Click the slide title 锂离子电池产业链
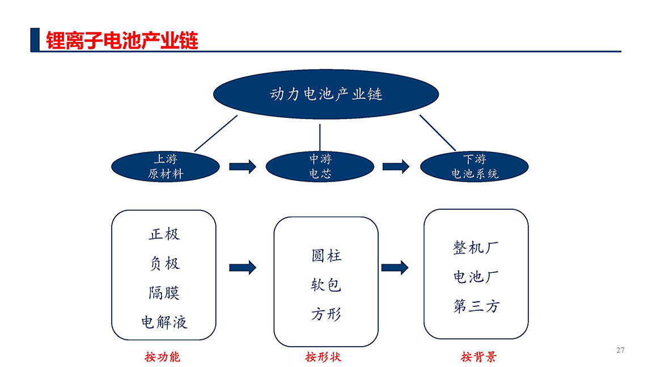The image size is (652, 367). [x=122, y=40]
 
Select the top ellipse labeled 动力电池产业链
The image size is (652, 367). [x=325, y=94]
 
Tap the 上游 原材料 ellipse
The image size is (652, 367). [x=165, y=166]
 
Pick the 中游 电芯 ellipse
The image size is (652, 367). [x=320, y=166]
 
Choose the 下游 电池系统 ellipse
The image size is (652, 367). [x=474, y=166]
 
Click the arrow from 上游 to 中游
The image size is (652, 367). [x=243, y=166]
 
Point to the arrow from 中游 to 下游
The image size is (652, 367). [x=396, y=166]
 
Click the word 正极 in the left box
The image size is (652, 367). [x=164, y=234]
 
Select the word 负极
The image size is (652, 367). [x=164, y=263]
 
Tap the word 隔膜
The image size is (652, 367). [x=164, y=293]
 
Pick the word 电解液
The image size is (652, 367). [x=164, y=322]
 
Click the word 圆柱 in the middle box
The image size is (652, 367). [x=326, y=255]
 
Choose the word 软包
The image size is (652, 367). [x=326, y=285]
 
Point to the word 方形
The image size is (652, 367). [x=326, y=314]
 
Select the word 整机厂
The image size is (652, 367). [x=476, y=247]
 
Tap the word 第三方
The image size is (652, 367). [x=476, y=306]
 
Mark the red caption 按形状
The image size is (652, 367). [x=323, y=357]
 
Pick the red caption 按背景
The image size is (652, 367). [x=479, y=357]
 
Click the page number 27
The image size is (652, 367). [x=620, y=350]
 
